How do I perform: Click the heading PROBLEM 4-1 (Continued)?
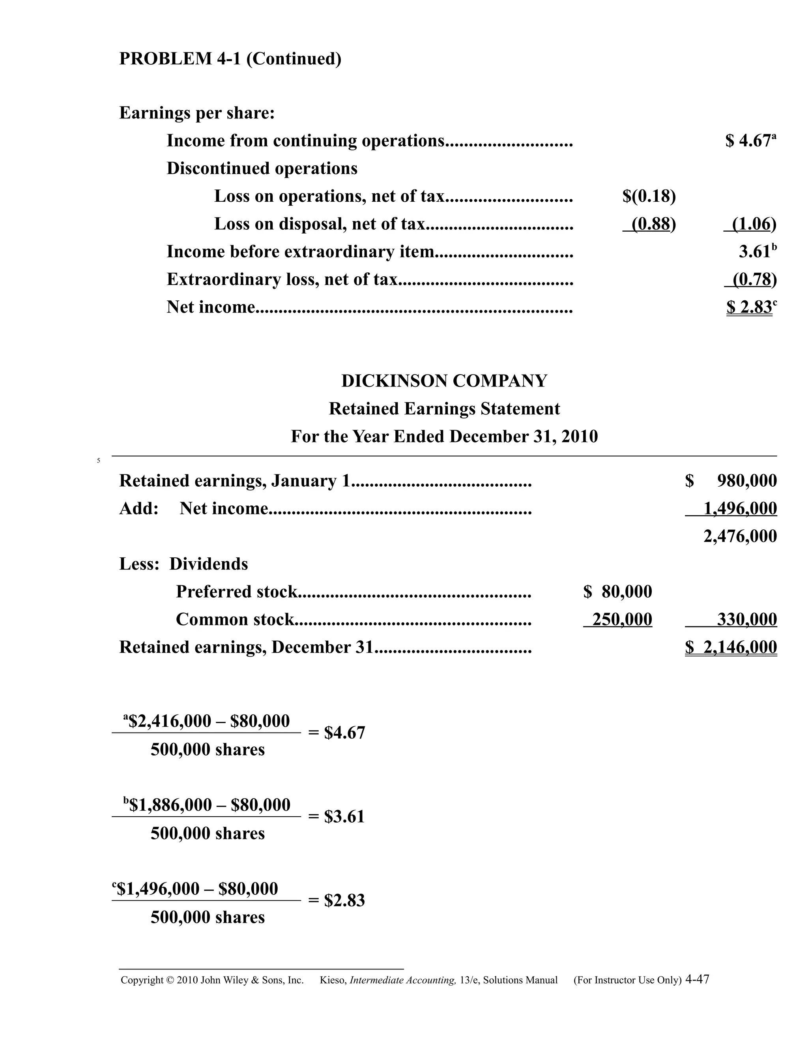click(230, 59)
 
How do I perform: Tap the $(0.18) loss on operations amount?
click(649, 196)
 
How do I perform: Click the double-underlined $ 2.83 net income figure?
click(749, 307)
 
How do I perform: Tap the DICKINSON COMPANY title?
click(444, 381)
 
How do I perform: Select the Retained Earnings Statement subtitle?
click(444, 409)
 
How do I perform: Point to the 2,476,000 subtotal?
click(740, 536)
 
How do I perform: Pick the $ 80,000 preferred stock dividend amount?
click(617, 592)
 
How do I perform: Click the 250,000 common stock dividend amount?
click(622, 620)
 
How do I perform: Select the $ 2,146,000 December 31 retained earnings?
click(731, 647)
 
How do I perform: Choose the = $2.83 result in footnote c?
click(337, 901)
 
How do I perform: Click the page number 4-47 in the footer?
click(697, 979)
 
